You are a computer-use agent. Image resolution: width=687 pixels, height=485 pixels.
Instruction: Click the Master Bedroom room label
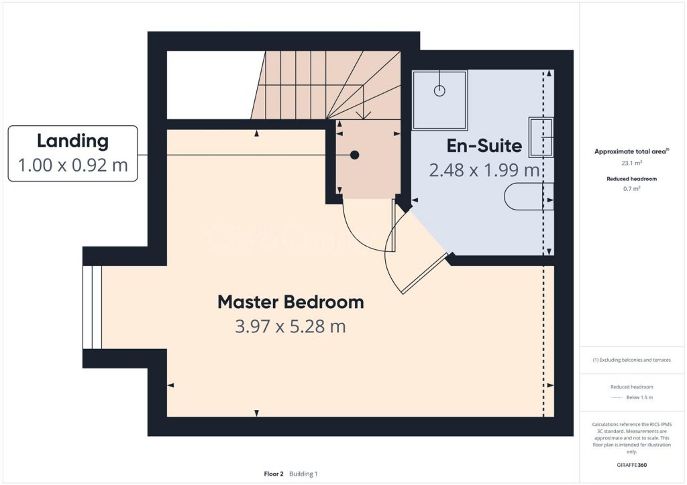pyautogui.click(x=290, y=302)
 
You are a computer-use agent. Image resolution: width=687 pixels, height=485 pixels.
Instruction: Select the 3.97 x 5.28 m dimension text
pyautogui.click(x=290, y=327)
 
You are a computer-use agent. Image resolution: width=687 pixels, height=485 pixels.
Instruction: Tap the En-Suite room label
pyautogui.click(x=484, y=145)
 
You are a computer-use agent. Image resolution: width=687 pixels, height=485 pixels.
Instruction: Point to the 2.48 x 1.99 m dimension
pyautogui.click(x=484, y=170)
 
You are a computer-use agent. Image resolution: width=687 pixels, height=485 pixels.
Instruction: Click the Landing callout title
pyautogui.click(x=72, y=141)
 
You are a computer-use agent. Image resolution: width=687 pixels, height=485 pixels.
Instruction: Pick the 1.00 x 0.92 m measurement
pyautogui.click(x=72, y=165)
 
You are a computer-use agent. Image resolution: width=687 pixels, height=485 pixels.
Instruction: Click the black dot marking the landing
pyautogui.click(x=355, y=155)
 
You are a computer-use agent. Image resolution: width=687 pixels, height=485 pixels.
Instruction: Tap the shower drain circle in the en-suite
pyautogui.click(x=440, y=91)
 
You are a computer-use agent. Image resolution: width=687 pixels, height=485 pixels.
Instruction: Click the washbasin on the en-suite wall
pyautogui.click(x=541, y=137)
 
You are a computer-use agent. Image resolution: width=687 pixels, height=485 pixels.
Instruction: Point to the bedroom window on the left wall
pyautogui.click(x=92, y=307)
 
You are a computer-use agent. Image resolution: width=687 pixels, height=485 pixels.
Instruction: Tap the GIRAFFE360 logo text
pyautogui.click(x=631, y=464)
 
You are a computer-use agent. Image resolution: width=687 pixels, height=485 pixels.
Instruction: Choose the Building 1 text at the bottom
pyautogui.click(x=303, y=474)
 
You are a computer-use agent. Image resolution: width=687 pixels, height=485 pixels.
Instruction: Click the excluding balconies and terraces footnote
pyautogui.click(x=631, y=360)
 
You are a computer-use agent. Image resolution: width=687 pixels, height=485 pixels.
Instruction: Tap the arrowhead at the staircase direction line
pyautogui.click(x=363, y=116)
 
